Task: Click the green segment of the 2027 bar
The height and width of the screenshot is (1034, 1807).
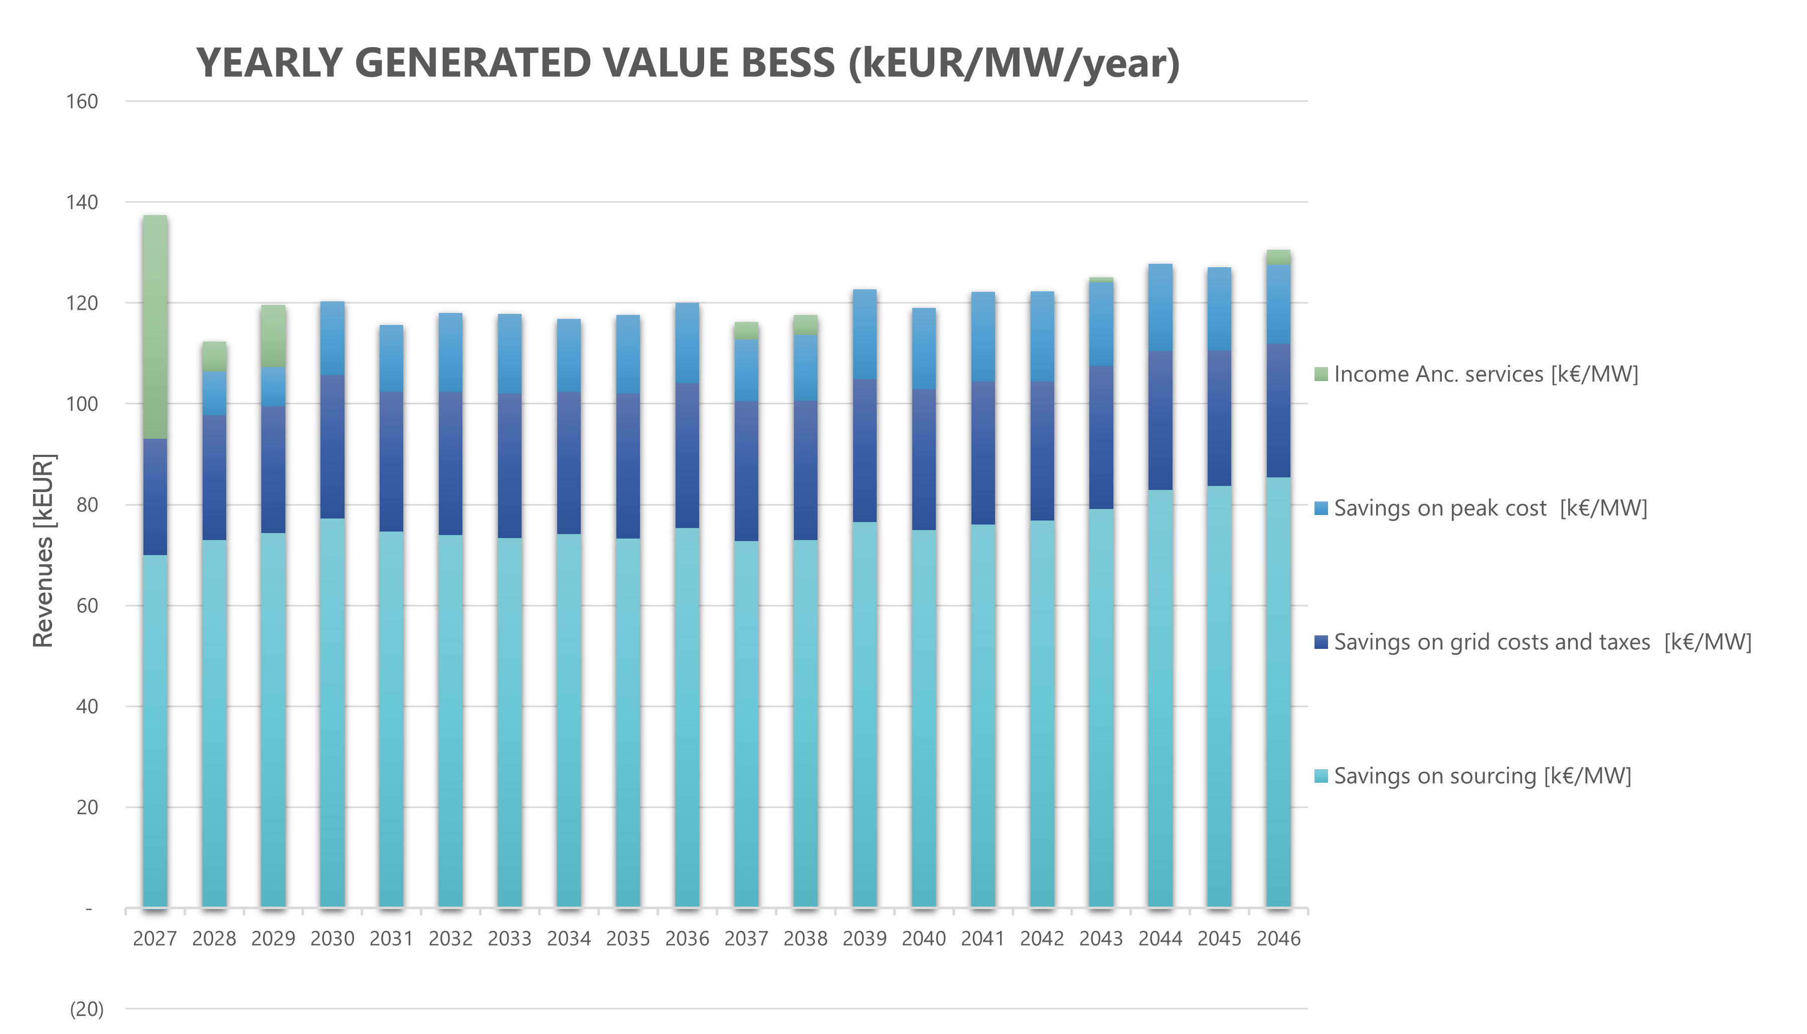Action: [x=155, y=326]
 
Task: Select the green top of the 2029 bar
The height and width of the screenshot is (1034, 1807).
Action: [x=273, y=336]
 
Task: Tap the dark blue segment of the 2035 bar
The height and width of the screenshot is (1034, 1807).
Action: [x=628, y=466]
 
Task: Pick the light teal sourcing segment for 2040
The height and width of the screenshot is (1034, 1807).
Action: [x=923, y=717]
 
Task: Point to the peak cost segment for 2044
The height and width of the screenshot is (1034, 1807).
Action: [x=1160, y=307]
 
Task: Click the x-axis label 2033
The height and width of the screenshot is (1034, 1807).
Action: [x=509, y=939]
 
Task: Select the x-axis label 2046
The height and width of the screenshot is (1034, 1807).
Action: [x=1278, y=939]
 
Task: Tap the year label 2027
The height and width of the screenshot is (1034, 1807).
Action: [x=155, y=939]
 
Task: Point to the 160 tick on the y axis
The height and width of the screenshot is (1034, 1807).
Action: [x=82, y=102]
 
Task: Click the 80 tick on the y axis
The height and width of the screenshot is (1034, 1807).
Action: [x=87, y=505]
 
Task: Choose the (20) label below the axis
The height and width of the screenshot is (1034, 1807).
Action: [x=86, y=1009]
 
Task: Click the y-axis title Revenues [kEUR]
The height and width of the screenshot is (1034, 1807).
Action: [x=43, y=551]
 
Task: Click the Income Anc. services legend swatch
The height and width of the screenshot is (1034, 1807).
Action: [x=1321, y=374]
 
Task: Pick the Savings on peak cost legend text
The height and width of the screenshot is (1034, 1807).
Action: [x=1490, y=508]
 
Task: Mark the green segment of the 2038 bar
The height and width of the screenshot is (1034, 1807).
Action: [x=805, y=324]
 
